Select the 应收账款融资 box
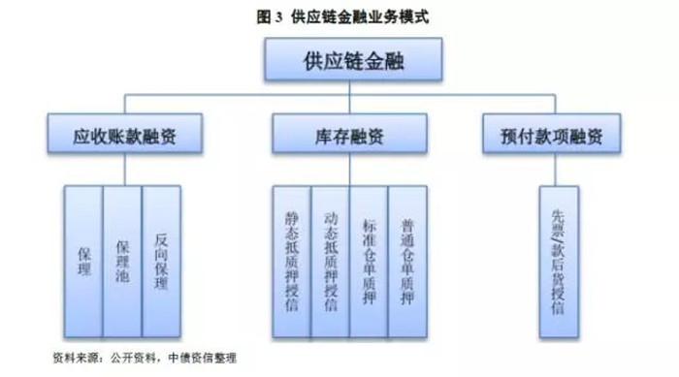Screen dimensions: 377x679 click(x=124, y=135)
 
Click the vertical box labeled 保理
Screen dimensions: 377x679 click(x=82, y=260)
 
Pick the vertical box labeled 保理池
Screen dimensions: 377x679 click(x=121, y=260)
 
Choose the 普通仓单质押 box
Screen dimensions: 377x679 click(x=407, y=260)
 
